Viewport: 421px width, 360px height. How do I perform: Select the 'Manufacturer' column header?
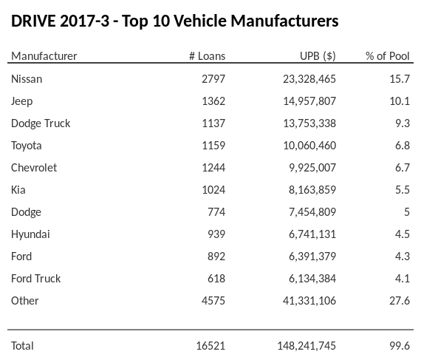pos(44,56)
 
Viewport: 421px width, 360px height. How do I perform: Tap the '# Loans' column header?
pos(207,56)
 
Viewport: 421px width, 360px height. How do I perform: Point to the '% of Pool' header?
pos(388,56)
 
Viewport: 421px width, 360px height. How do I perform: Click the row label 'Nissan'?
pos(27,78)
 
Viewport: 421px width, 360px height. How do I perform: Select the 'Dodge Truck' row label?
pos(41,123)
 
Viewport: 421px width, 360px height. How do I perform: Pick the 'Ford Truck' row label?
pos(36,278)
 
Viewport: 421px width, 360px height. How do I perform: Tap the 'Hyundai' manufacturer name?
pos(31,234)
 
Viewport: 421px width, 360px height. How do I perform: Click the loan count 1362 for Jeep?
pos(213,101)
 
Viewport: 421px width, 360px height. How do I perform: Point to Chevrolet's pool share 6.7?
pos(402,167)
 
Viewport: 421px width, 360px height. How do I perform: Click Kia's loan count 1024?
pos(213,189)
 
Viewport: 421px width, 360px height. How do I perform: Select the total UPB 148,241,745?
pos(302,345)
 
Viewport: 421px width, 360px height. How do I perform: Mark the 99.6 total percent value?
pos(400,345)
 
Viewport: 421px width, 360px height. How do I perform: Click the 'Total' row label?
pos(23,345)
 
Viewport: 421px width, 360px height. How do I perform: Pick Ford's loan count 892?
pos(216,256)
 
